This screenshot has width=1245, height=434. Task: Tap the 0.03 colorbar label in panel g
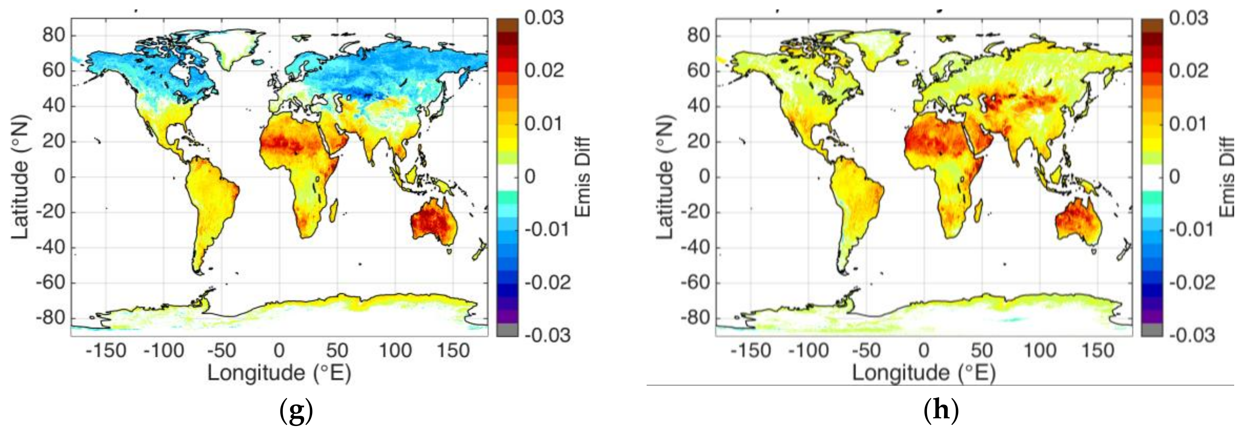pos(544,18)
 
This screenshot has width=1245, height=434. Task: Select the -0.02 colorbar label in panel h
pos(1192,282)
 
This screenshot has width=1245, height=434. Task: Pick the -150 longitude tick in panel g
pos(105,350)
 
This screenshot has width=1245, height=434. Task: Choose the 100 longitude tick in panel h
pos(1040,350)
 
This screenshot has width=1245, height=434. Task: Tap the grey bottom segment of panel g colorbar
pos(507,330)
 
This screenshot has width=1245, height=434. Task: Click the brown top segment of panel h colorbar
pos(1152,24)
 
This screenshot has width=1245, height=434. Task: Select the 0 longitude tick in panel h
pos(923,350)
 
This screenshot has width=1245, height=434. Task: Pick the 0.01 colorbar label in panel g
pos(544,124)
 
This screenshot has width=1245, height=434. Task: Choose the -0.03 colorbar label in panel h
pos(1192,335)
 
